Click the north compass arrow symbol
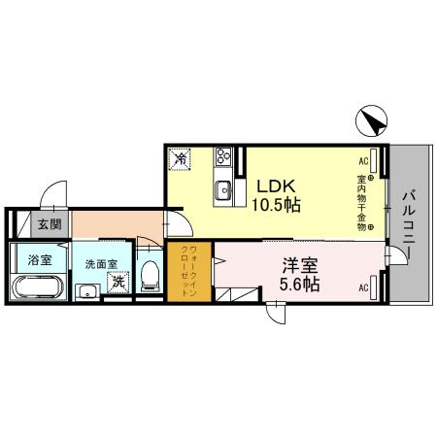click(375, 121)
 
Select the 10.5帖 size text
click(277, 205)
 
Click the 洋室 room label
click(301, 264)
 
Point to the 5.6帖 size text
click(302, 286)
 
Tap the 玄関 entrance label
click(49, 224)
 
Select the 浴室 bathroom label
click(40, 260)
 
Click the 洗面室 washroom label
click(100, 263)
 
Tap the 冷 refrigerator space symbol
click(182, 157)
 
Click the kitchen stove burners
click(224, 155)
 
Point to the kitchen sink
click(222, 188)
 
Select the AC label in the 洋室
click(363, 287)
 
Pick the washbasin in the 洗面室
click(86, 288)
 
